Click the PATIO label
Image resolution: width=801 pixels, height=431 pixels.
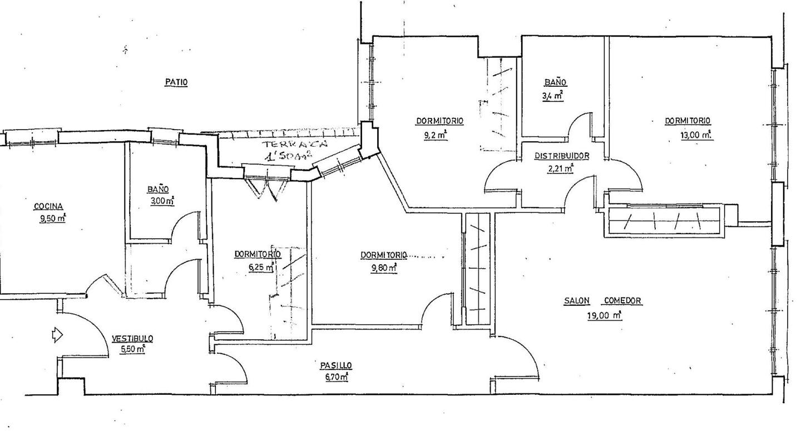[176, 82]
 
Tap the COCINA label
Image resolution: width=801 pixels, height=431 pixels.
[48, 206]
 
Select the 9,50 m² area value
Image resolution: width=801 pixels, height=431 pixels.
[52, 219]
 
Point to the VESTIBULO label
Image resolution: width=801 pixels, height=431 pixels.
[132, 338]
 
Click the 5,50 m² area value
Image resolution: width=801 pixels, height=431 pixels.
[132, 349]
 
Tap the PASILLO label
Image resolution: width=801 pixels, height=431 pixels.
[336, 365]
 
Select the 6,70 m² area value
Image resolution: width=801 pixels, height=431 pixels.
[337, 377]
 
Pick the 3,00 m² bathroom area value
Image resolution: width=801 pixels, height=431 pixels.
[162, 201]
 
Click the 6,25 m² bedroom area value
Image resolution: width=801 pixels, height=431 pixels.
[261, 267]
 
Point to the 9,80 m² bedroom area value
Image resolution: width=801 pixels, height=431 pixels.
[384, 267]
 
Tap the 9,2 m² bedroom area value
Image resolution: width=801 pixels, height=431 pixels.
[435, 136]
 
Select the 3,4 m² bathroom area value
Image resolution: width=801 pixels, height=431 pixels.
[553, 96]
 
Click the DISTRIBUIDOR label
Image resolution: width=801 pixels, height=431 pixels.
[562, 156]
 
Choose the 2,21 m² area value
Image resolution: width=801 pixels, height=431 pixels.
[561, 168]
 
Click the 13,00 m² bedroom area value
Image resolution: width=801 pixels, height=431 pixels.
[695, 135]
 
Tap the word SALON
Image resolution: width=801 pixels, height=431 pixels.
[577, 301]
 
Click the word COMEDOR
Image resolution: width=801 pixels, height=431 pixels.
[623, 301]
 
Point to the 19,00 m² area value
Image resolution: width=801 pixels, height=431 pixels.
[604, 316]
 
